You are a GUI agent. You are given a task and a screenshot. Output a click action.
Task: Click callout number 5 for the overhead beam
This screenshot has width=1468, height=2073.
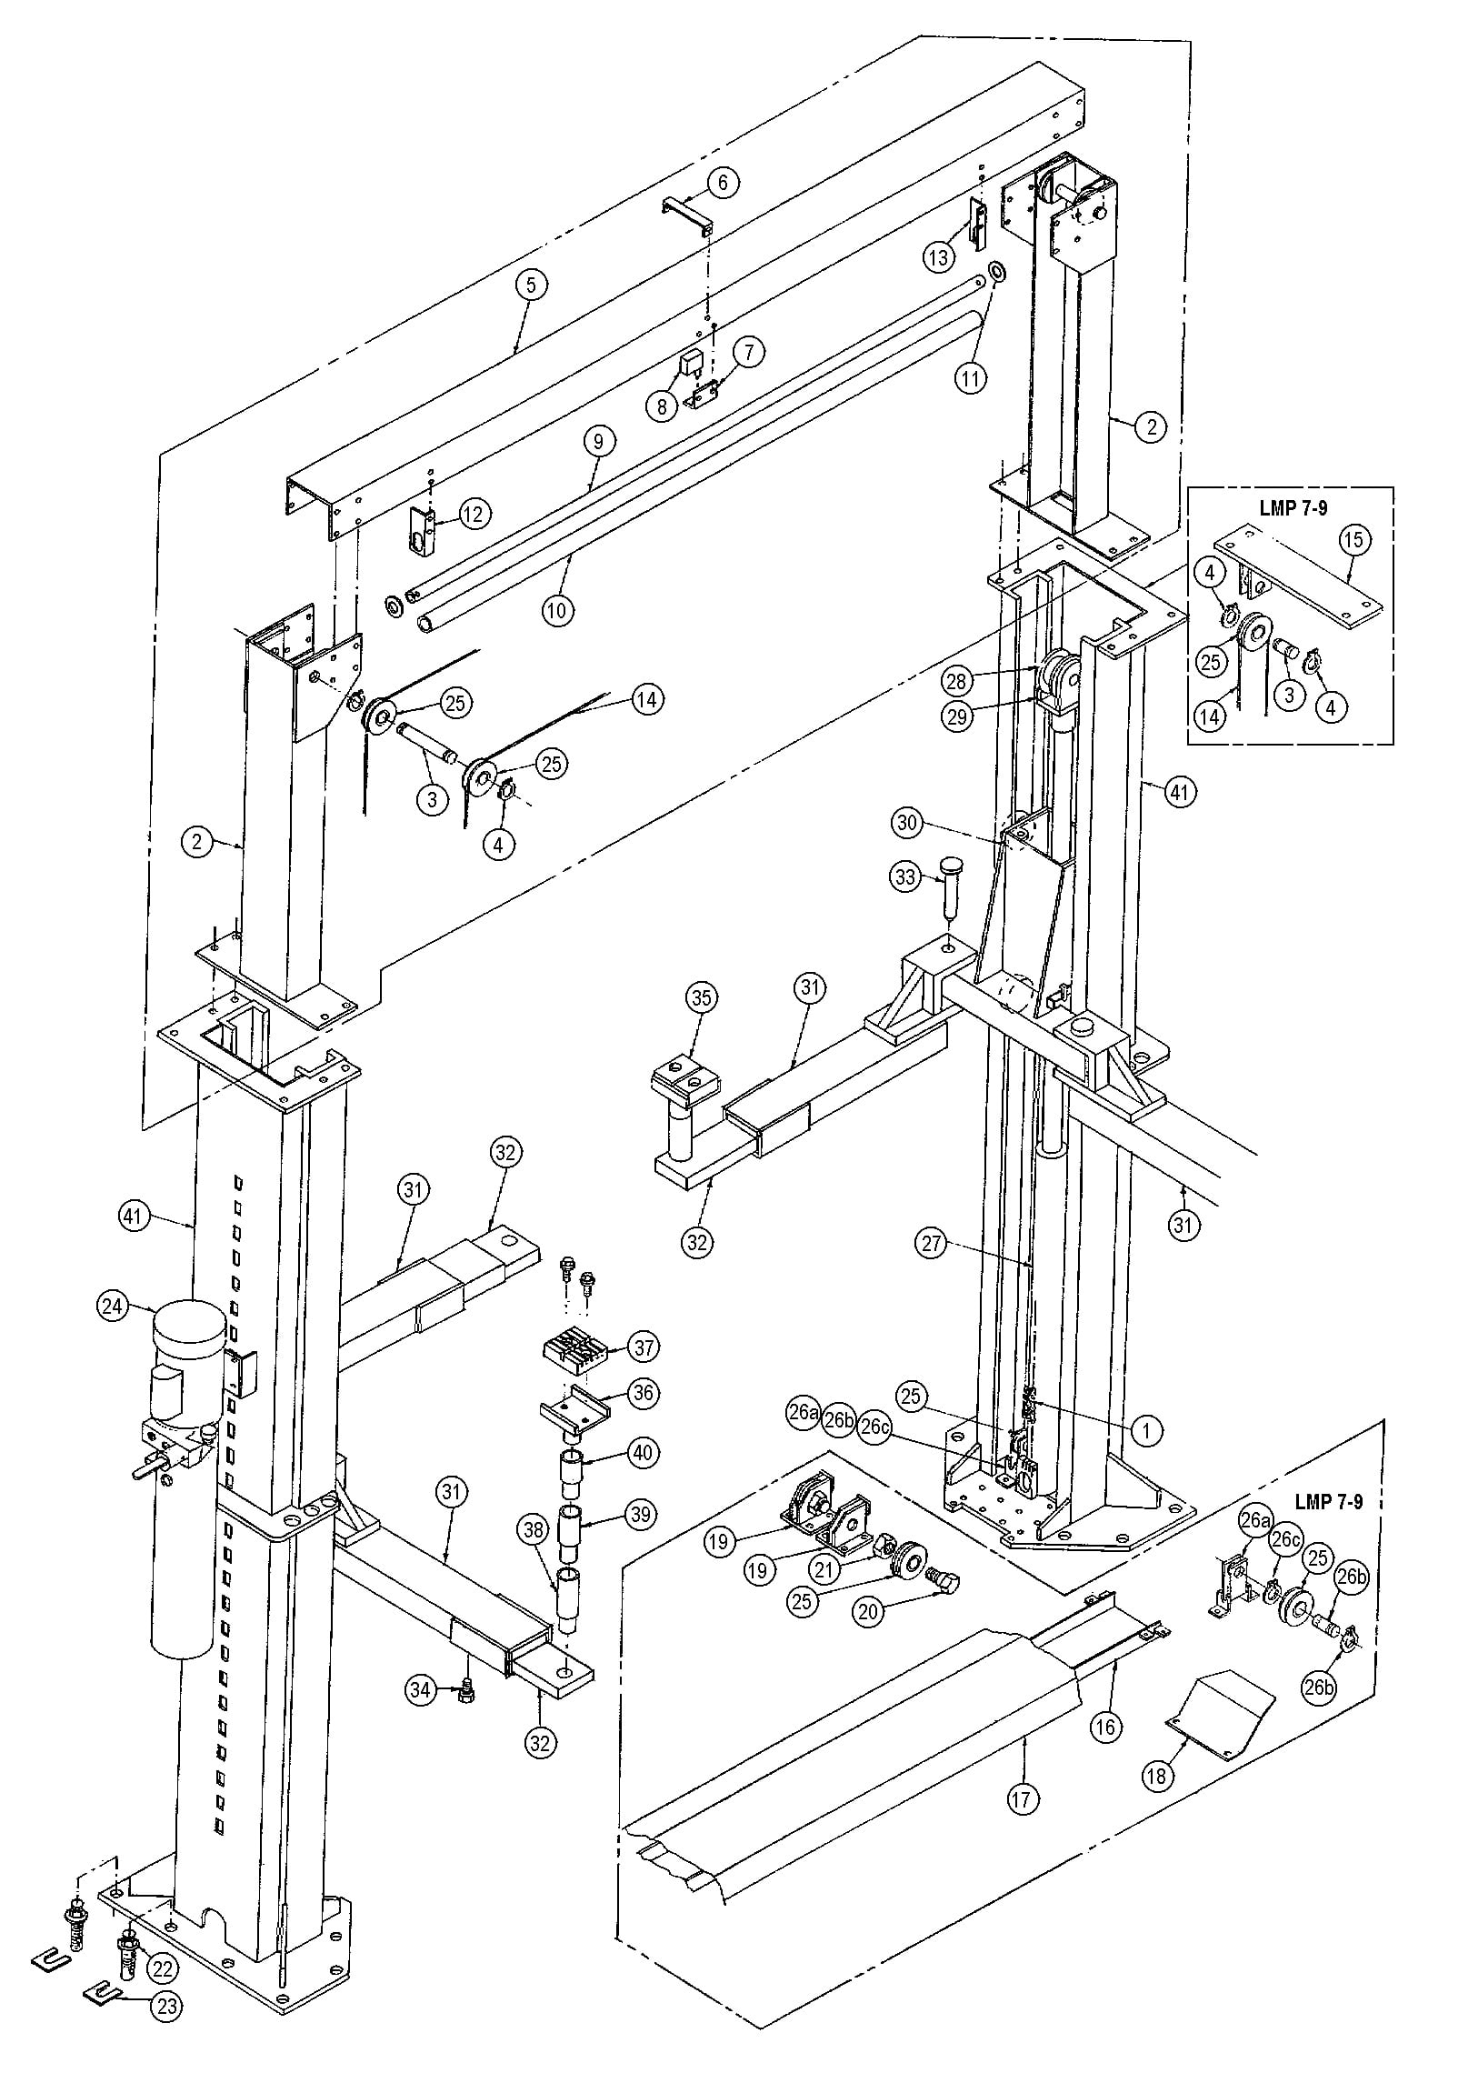point(531,285)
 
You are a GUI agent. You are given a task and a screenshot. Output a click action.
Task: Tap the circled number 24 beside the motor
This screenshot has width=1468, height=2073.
point(113,1307)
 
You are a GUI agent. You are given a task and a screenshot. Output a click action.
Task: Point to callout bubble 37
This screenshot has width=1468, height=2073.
point(644,1346)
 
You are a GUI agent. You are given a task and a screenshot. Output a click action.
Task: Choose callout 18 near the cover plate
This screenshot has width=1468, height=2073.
point(1158,1777)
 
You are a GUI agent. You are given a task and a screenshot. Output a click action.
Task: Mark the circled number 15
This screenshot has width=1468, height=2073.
point(1353,540)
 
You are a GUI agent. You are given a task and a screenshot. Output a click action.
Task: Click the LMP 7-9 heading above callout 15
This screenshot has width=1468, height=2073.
point(1293,507)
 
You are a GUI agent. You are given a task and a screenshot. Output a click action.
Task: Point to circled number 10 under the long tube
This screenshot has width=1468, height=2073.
point(558,609)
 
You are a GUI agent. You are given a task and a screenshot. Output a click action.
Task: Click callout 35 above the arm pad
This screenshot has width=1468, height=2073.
point(701,997)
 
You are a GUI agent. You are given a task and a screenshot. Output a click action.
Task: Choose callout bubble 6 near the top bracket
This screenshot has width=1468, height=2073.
point(723,183)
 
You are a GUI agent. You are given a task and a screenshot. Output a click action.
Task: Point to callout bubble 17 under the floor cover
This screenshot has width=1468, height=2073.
point(1024,1798)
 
